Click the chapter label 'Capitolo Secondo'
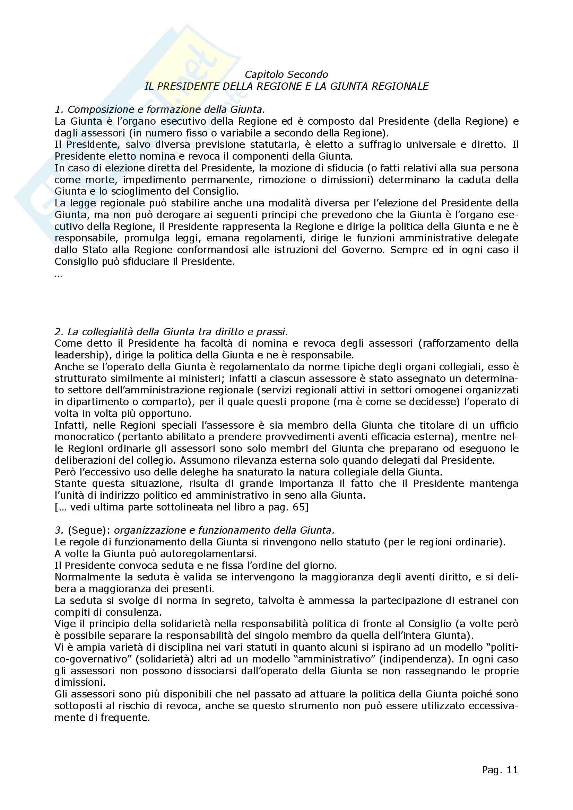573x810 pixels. coord(286,74)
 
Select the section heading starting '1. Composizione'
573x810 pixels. coord(159,110)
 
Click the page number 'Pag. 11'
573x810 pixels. coord(500,770)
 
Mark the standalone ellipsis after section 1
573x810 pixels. coord(58,275)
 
